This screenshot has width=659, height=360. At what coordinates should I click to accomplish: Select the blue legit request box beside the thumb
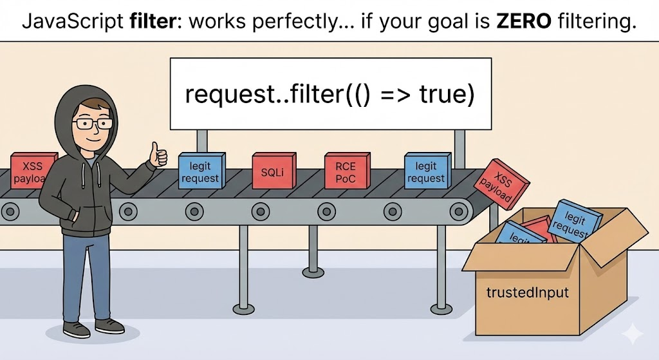201,171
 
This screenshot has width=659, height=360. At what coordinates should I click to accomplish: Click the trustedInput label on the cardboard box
528,292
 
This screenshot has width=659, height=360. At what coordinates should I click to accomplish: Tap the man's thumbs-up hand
156,155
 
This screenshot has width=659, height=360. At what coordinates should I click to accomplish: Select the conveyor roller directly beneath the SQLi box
260,209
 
